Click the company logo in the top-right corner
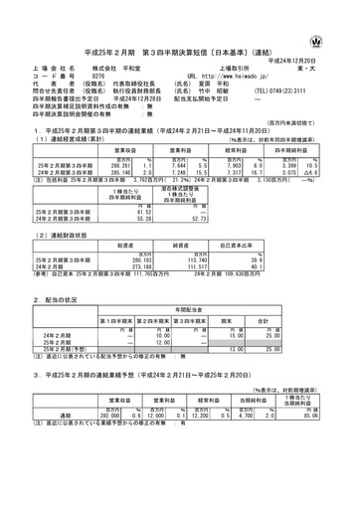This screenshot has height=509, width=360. (342, 15)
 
